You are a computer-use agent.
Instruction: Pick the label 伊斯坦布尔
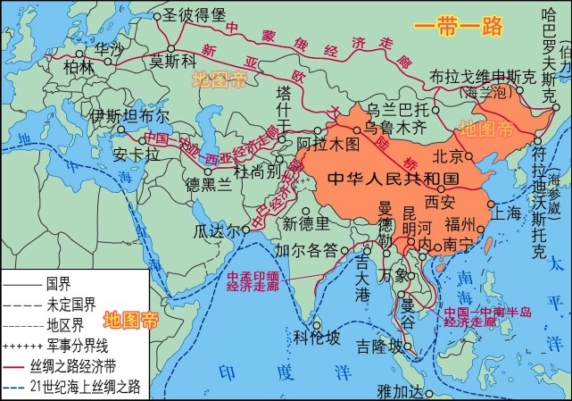(x=128, y=116)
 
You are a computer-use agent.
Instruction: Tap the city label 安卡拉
(x=136, y=154)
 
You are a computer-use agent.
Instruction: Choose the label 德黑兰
(x=208, y=184)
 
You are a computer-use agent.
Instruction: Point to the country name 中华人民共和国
(x=392, y=178)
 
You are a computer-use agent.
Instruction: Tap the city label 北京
(x=450, y=155)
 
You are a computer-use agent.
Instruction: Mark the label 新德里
(x=305, y=222)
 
